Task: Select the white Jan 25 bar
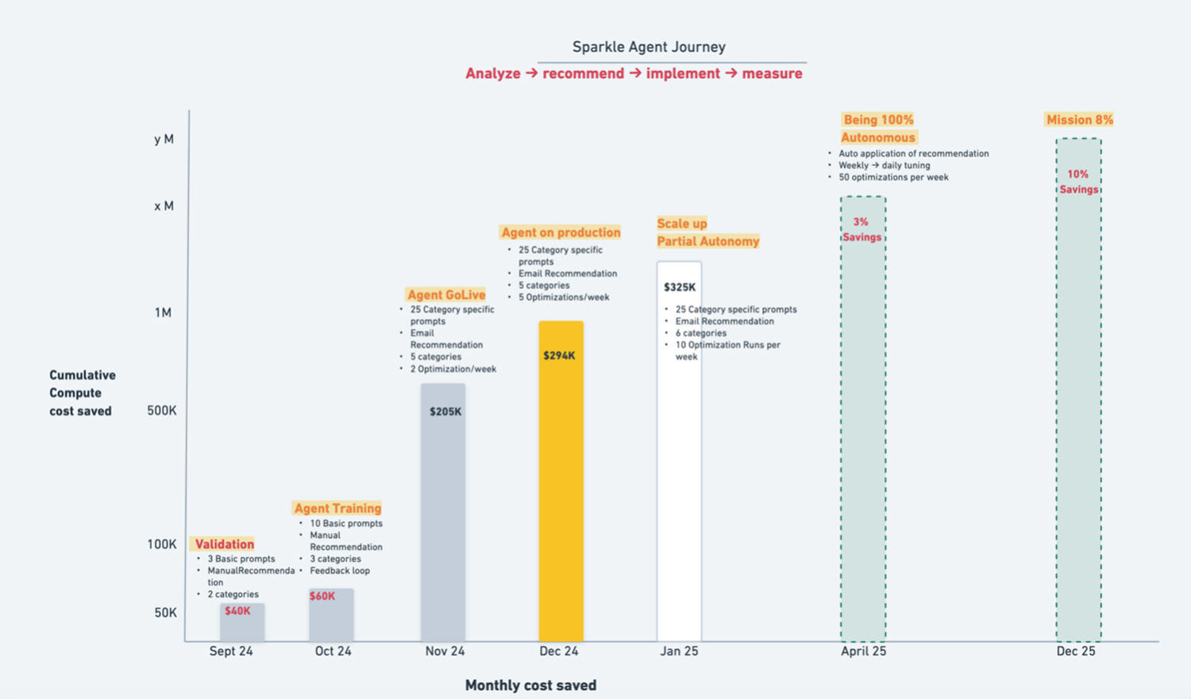[x=679, y=492]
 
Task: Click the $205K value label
[x=445, y=411]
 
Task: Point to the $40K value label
[x=237, y=611]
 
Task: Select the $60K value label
[x=322, y=596]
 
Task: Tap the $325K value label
[x=680, y=288]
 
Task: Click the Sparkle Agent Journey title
[x=649, y=47]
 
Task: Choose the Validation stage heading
[x=225, y=544]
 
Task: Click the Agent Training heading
[x=337, y=508]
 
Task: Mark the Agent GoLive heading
[x=446, y=295]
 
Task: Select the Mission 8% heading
[x=1079, y=120]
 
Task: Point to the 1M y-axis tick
[x=163, y=313]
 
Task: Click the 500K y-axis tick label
[x=162, y=411]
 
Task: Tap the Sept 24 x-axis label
[x=231, y=651]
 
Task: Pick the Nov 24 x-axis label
[x=445, y=651]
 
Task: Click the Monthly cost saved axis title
[x=530, y=685]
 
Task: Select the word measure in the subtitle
[x=772, y=74]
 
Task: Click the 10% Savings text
[x=1078, y=182]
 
